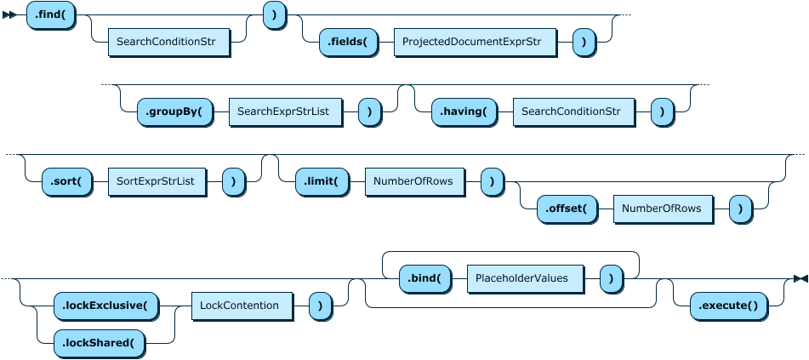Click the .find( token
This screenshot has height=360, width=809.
point(51,15)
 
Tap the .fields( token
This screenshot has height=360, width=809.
point(347,41)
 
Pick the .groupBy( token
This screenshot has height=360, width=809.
point(174,111)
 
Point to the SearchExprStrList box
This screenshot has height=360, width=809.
point(284,111)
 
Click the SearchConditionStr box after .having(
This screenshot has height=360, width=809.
point(573,111)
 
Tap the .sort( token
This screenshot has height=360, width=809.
point(66,181)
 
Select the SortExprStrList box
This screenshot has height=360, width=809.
point(157,181)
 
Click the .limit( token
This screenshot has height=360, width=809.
point(321,181)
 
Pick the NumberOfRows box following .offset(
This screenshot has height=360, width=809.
point(662,209)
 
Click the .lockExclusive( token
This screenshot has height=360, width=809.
point(105,305)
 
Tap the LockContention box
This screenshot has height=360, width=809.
point(241,305)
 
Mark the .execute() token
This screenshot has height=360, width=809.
point(727,305)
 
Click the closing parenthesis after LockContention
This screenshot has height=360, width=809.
point(320,305)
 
